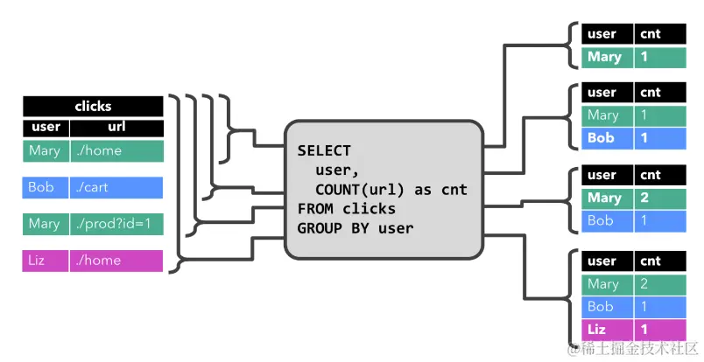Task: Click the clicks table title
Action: [x=93, y=107]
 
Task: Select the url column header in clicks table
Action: [x=116, y=128]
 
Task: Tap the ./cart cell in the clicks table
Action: [x=116, y=187]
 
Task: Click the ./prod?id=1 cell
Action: [x=116, y=224]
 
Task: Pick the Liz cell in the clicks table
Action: [x=46, y=261]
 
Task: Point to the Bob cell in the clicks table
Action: [x=46, y=187]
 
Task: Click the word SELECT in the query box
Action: [x=324, y=150]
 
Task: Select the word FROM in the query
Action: [x=314, y=209]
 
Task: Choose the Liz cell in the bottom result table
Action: [x=607, y=330]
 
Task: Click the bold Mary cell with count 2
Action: [x=607, y=198]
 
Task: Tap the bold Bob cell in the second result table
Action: [x=607, y=138]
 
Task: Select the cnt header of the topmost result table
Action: [x=660, y=34]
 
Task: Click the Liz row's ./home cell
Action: [x=116, y=261]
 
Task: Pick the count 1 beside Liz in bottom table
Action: [x=660, y=330]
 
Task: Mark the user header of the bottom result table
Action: [x=607, y=261]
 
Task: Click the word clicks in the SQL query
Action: [x=369, y=209]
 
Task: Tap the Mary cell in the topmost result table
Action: [x=607, y=58]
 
